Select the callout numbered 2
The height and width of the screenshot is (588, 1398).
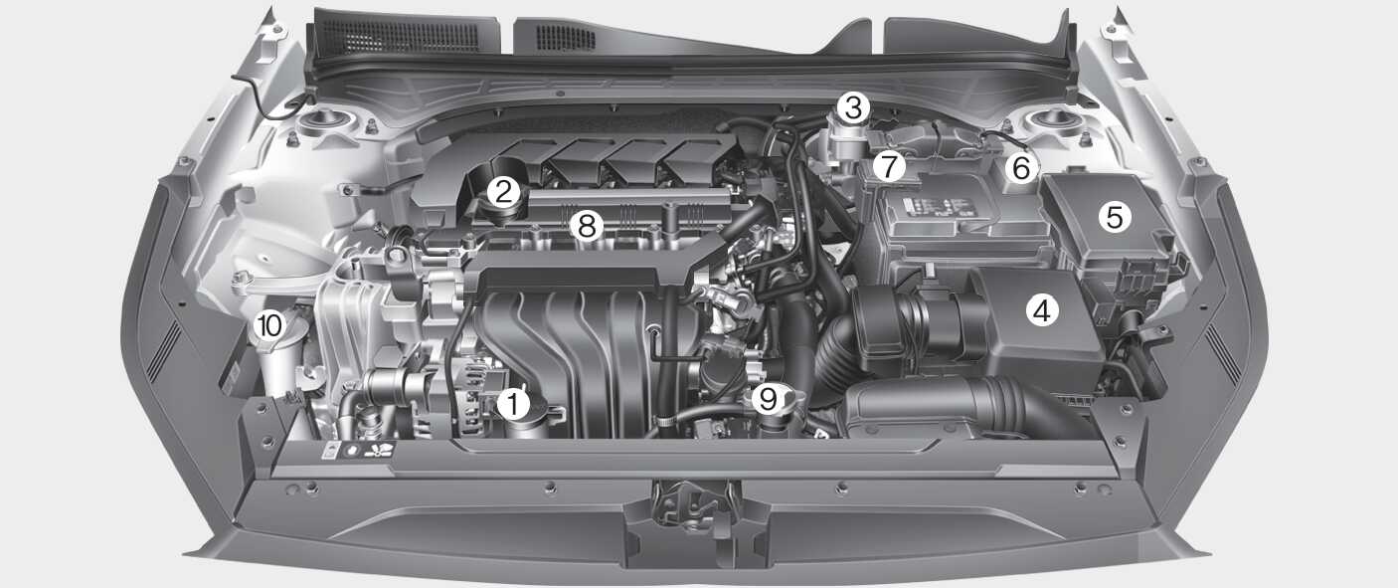[503, 192]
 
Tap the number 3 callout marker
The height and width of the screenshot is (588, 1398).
[853, 107]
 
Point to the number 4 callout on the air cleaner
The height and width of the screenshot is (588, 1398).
[1042, 309]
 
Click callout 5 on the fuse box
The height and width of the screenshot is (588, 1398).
[1115, 217]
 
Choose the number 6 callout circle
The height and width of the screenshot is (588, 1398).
[1021, 167]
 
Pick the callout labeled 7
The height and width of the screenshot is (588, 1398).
[889, 166]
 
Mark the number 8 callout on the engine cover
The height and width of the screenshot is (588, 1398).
[587, 225]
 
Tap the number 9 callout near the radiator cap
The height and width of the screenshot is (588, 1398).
[768, 398]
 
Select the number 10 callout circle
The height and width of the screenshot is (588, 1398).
[269, 325]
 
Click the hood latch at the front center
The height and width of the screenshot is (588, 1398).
[693, 505]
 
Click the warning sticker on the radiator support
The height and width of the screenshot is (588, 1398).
[358, 450]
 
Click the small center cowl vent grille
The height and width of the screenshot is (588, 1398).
[566, 38]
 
